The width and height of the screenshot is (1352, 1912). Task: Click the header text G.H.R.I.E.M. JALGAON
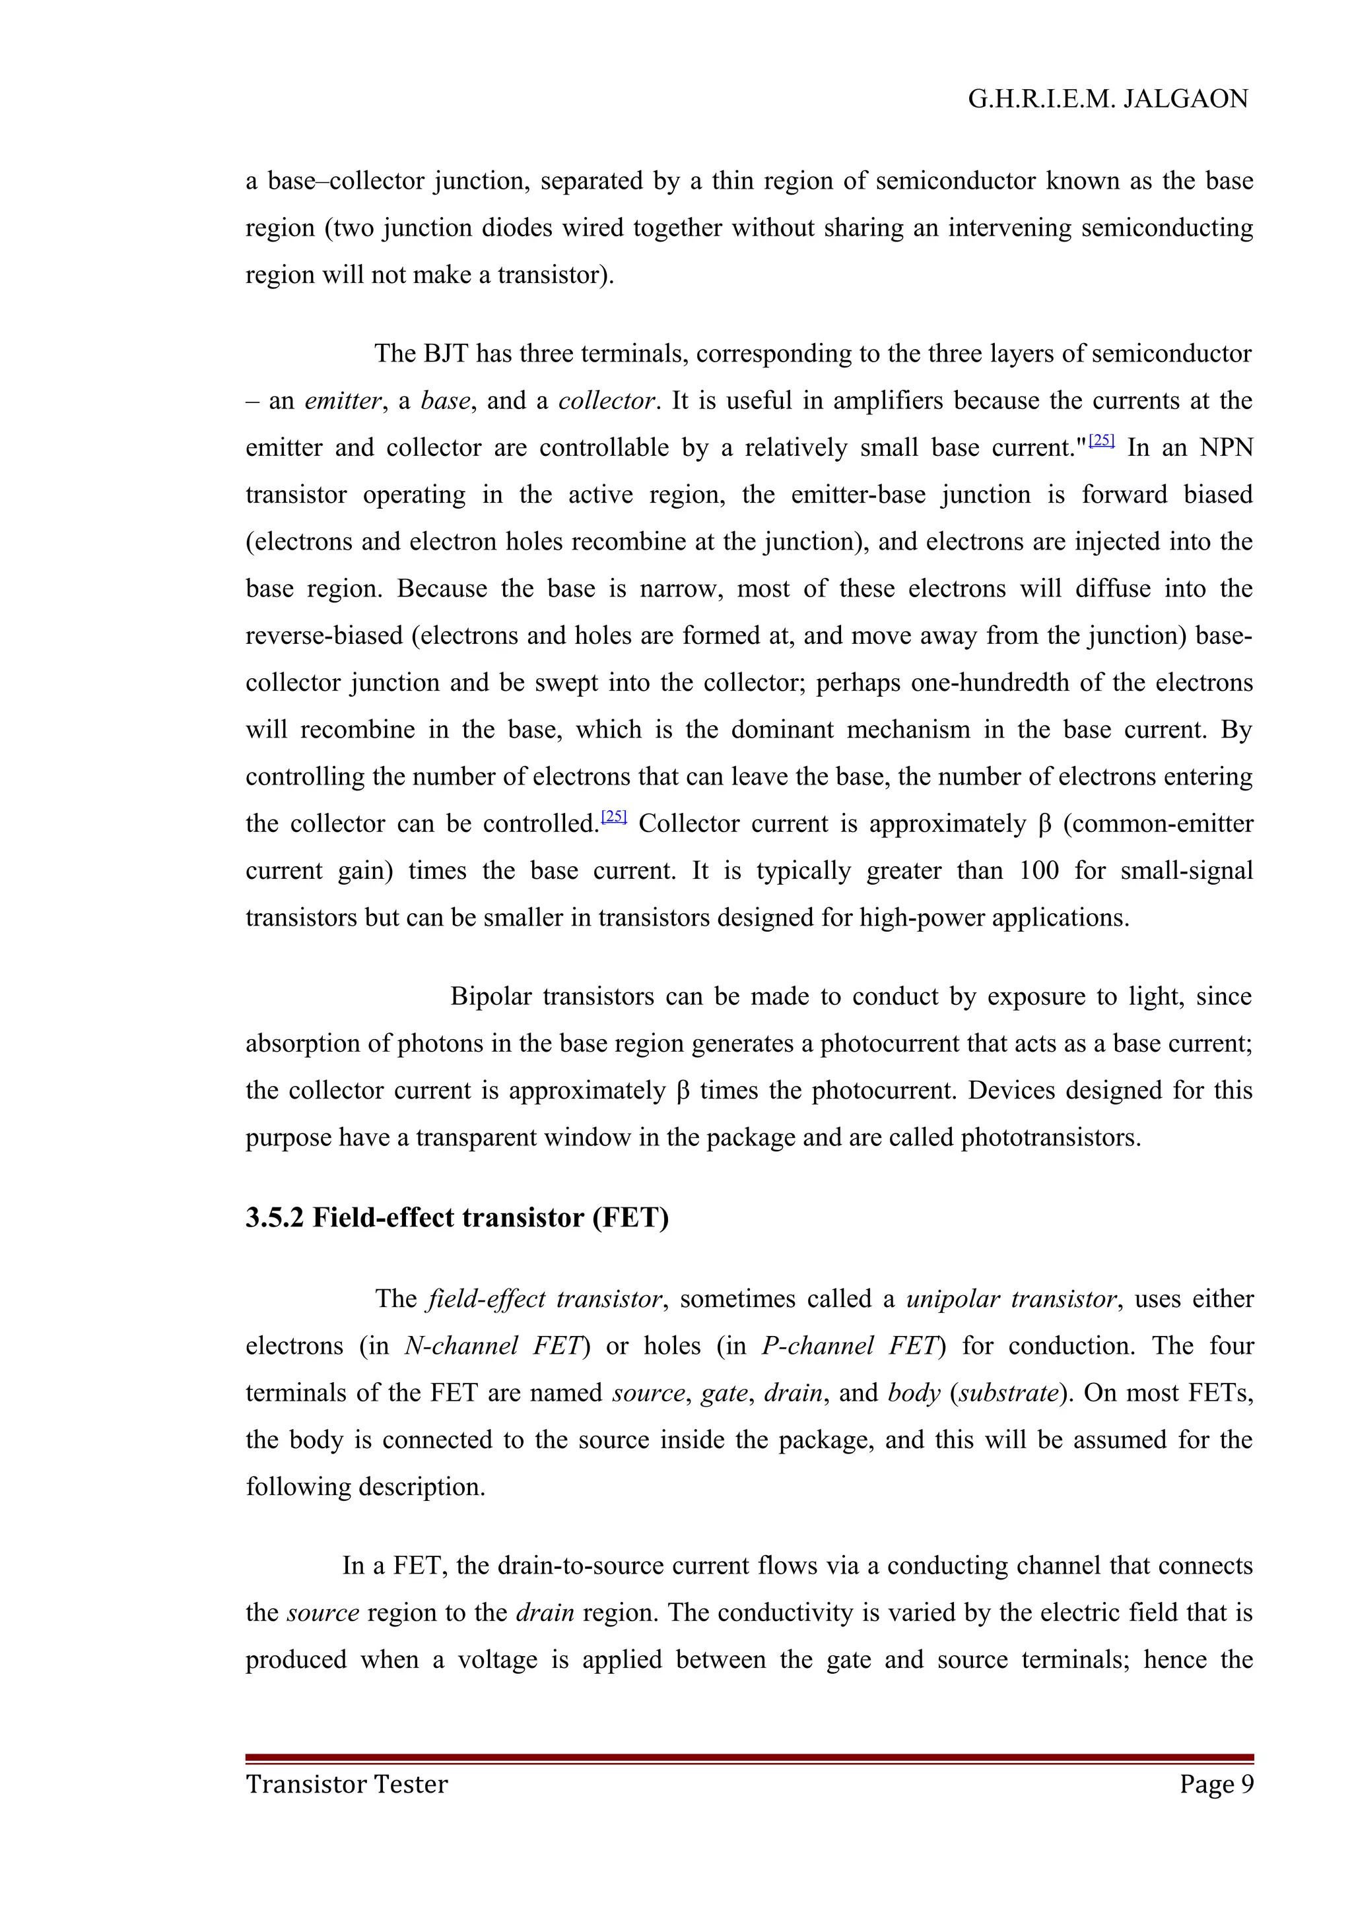[1107, 99]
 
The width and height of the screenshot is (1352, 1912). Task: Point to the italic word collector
[607, 401]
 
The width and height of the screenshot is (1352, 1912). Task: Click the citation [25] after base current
[1101, 441]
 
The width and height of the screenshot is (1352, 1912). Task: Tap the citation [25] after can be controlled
[614, 817]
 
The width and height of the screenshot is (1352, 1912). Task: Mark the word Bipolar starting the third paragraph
[490, 997]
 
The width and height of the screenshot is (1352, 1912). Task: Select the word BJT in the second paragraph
[446, 354]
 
